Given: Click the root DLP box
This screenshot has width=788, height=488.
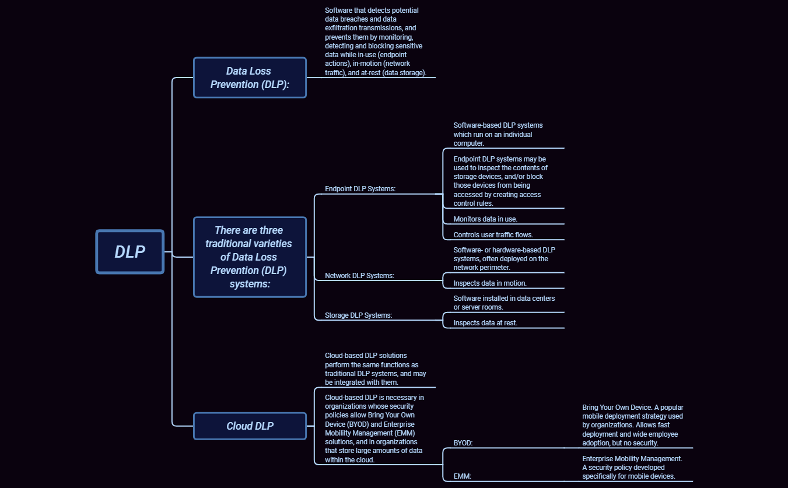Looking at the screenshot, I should pos(129,251).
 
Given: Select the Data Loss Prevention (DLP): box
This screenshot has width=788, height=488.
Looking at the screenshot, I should pos(250,78).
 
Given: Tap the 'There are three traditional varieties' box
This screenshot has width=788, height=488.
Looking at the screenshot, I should pos(250,257).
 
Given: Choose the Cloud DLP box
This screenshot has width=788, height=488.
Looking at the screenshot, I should pos(250,426).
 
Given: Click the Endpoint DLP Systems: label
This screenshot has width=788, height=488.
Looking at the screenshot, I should pos(360,189).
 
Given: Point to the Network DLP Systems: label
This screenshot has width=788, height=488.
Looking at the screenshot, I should pos(359,276).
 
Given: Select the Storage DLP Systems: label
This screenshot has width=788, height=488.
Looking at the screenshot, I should pos(358,315).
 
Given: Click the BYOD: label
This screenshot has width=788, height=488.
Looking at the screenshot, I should pos(463,443).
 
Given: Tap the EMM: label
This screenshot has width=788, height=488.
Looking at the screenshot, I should pos(462,476).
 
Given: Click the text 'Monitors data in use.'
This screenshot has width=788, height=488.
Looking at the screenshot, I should pos(485,219).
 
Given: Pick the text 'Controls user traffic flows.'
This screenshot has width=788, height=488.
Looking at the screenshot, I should pos(493,235).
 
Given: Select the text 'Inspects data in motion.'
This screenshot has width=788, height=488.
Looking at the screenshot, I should pos(490,283).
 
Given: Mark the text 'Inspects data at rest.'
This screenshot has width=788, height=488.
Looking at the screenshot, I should pos(485,322).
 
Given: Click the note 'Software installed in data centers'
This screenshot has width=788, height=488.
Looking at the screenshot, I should pos(504,303).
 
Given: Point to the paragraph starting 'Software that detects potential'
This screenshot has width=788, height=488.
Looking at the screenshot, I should pos(376,42).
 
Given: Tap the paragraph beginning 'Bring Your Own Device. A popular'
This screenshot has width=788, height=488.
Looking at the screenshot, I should pos(632,425).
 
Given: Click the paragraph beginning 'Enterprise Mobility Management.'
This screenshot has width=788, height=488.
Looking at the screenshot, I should pos(632,468).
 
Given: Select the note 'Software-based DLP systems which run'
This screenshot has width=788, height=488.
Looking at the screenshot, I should pos(498,134).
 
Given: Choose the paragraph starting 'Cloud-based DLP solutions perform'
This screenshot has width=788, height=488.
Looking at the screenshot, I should pos(375,369).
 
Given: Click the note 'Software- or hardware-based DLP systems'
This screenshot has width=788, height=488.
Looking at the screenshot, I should pos(504,258).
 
